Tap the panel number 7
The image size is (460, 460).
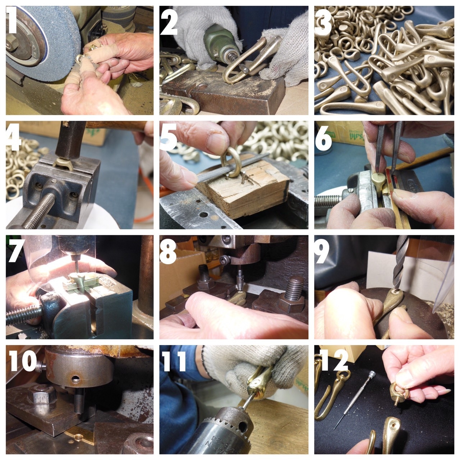(16, 250)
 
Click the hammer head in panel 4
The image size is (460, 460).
(70, 140)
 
